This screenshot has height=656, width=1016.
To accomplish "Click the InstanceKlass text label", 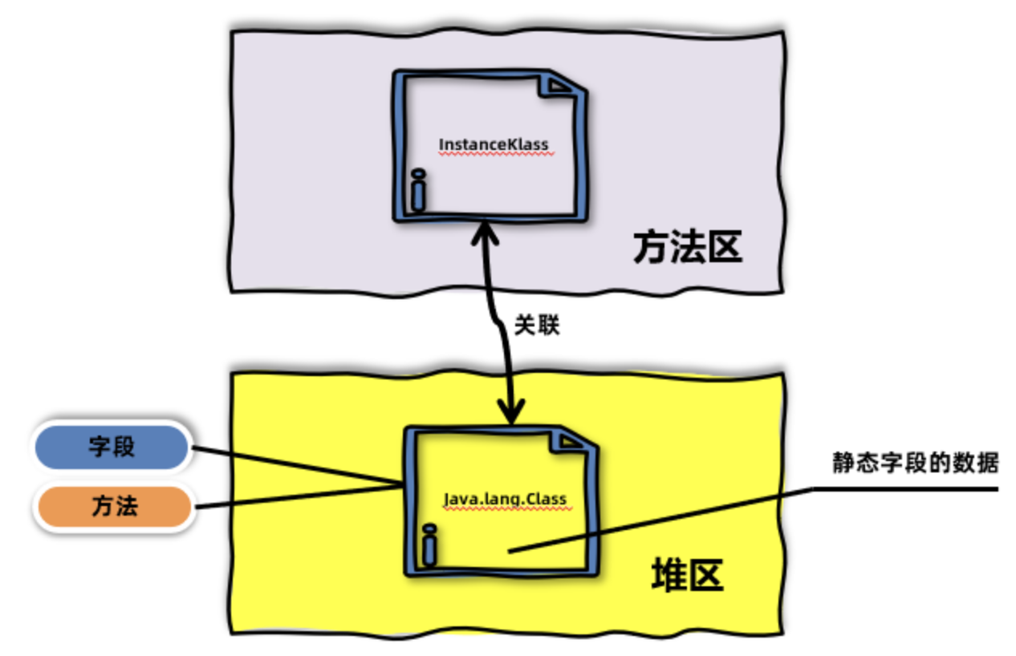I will pos(493,145).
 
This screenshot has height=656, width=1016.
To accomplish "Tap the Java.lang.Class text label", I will pos(506,499).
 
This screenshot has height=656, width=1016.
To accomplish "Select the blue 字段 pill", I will pos(112,447).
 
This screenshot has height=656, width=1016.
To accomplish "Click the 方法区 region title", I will pos(687,249).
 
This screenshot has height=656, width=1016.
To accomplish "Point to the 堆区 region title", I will pos(686,575).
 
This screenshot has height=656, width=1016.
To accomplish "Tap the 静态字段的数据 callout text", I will pos(915,464).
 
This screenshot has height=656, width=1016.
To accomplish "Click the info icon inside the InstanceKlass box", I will pos(417,191).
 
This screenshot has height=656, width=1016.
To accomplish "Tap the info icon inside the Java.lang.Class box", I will pos(429,545).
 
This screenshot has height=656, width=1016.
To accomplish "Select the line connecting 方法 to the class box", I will pos(297,496).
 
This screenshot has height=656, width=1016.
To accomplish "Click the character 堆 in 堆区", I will pos(668,575).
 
